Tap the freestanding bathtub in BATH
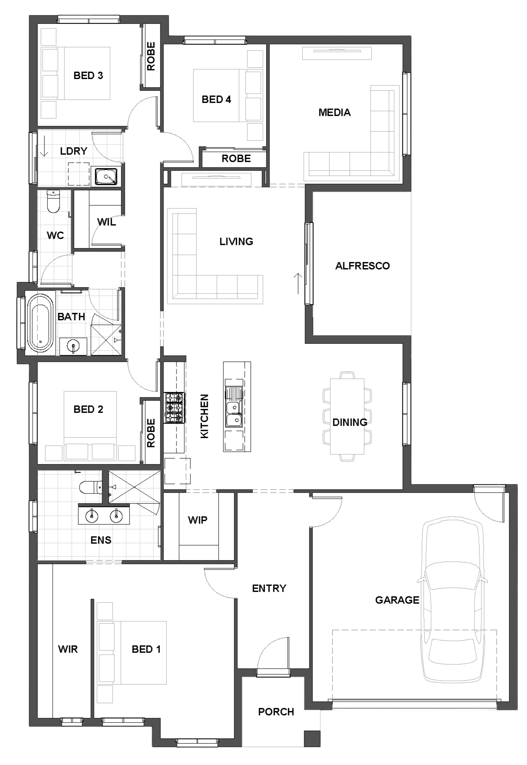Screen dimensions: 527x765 (40, 323)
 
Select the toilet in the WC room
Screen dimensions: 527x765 (53, 202)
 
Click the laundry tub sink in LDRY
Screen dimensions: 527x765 (106, 176)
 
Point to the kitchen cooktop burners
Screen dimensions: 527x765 (174, 408)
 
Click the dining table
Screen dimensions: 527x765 (347, 416)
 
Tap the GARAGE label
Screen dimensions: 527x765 (397, 600)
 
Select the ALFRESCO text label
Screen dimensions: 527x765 (362, 266)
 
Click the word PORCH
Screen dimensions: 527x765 (276, 712)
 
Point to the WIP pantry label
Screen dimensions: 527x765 (198, 520)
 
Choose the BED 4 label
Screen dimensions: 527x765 (216, 100)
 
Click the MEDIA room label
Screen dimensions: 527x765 (335, 113)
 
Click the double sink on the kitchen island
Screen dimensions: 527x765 (234, 414)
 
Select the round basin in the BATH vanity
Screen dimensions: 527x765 (73, 346)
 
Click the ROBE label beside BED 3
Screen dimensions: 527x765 (151, 57)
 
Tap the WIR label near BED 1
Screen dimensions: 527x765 (68, 649)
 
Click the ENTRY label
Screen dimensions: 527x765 (269, 589)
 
